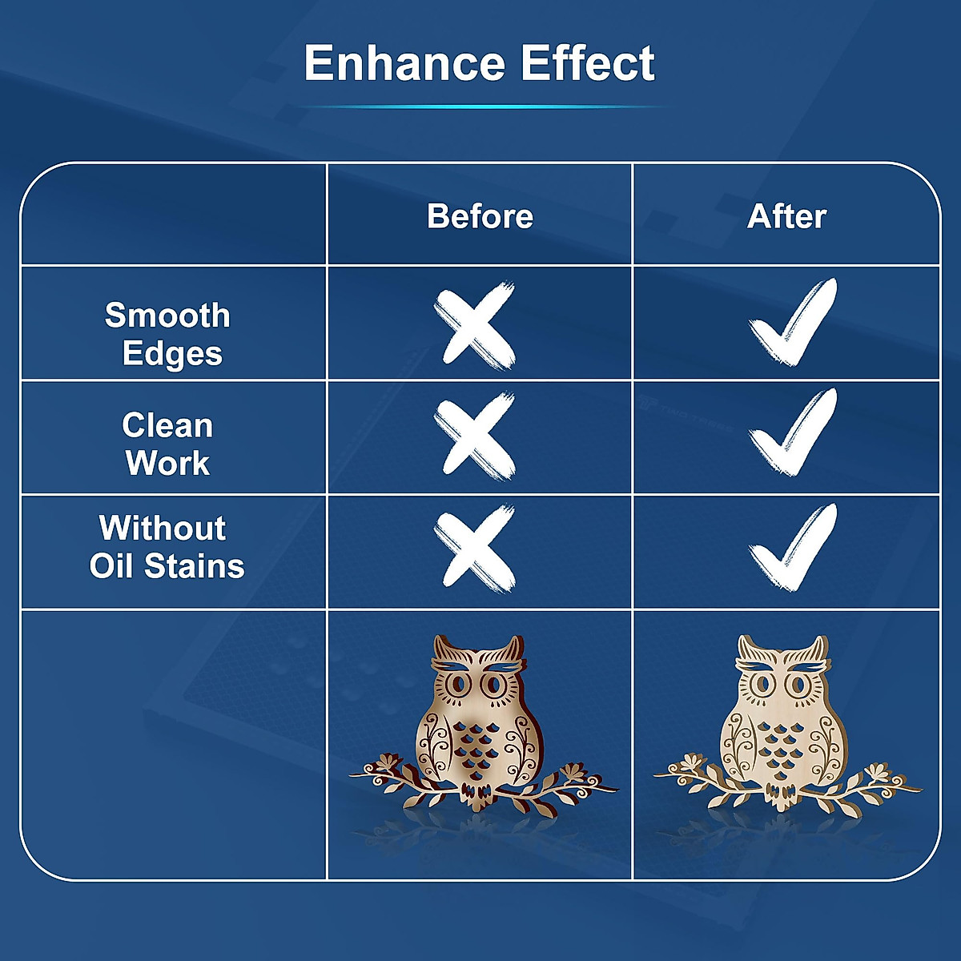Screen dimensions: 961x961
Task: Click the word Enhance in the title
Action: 405,62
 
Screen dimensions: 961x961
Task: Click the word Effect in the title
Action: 588,62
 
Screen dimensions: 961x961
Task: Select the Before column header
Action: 480,216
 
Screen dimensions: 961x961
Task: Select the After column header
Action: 786,216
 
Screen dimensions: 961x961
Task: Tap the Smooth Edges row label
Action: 168,335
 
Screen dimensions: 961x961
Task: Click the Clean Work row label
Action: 168,444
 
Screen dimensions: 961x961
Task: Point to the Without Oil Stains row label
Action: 167,547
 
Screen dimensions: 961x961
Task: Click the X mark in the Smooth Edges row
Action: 475,325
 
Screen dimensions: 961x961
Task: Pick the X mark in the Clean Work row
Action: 475,436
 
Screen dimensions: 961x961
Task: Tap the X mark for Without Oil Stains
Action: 475,549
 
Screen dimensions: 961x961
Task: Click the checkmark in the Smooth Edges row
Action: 793,322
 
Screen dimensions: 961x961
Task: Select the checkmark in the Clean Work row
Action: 793,432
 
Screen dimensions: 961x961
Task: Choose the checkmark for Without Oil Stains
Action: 793,547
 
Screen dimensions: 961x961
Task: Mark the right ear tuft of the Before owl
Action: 513,649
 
